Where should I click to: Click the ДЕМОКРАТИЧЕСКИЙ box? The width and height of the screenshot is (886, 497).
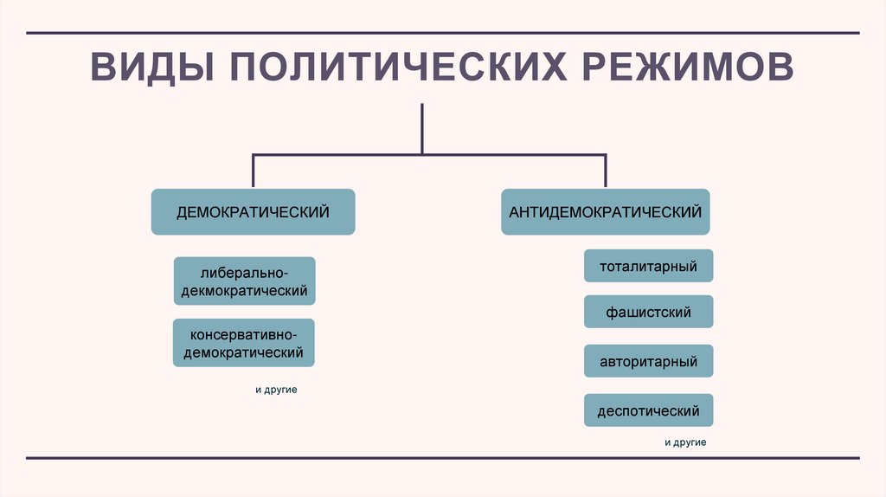click(253, 212)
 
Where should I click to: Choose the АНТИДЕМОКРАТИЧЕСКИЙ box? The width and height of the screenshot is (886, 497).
click(605, 212)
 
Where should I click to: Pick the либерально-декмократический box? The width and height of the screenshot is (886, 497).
click(244, 281)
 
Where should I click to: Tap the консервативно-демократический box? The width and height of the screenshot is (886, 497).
click(243, 342)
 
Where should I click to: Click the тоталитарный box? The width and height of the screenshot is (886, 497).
click(648, 266)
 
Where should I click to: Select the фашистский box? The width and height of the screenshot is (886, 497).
click(648, 312)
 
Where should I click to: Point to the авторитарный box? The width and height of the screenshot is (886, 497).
click(648, 361)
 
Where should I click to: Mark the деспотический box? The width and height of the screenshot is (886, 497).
click(648, 410)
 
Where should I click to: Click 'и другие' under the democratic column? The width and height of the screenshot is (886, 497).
click(276, 390)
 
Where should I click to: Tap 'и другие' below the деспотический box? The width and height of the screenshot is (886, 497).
click(685, 442)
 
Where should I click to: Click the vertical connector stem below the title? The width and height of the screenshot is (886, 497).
click(422, 128)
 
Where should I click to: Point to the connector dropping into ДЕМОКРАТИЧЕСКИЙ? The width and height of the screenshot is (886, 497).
click(253, 171)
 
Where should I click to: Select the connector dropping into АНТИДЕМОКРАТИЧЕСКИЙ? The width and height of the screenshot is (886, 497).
click(606, 171)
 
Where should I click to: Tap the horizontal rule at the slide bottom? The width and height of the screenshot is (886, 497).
click(442, 457)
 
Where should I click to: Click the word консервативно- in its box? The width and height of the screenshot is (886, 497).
click(243, 333)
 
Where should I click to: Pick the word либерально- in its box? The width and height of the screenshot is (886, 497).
click(244, 272)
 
